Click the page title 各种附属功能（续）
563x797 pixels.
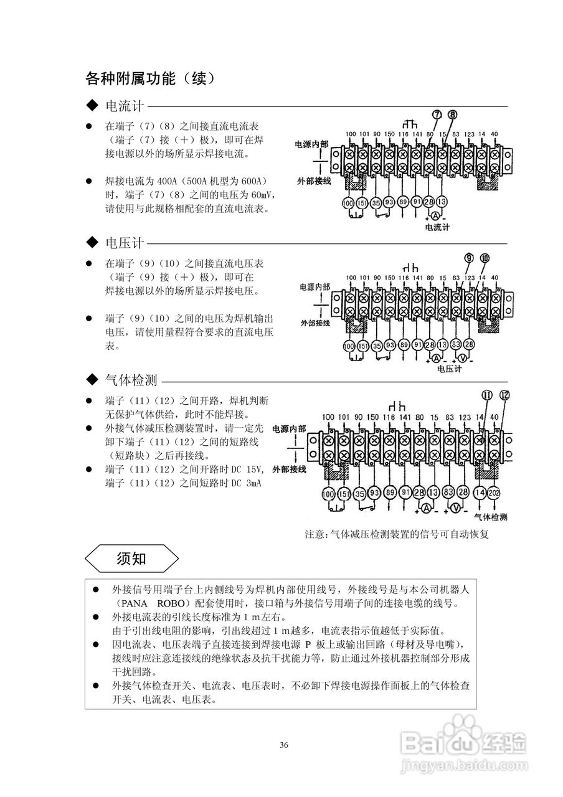coord(150,79)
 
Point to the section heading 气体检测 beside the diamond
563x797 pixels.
coord(131,380)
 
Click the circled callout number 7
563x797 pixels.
coord(436,115)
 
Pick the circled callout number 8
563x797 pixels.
coord(453,115)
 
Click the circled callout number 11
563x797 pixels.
coord(488,395)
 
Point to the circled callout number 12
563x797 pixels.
coord(504,395)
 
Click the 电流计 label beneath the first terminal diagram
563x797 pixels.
coord(437,227)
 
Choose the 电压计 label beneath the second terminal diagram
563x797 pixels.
coord(449,368)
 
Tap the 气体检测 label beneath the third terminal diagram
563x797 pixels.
coord(490,517)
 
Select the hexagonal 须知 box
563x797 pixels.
coord(131,558)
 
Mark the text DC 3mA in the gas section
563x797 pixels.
coord(247,483)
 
